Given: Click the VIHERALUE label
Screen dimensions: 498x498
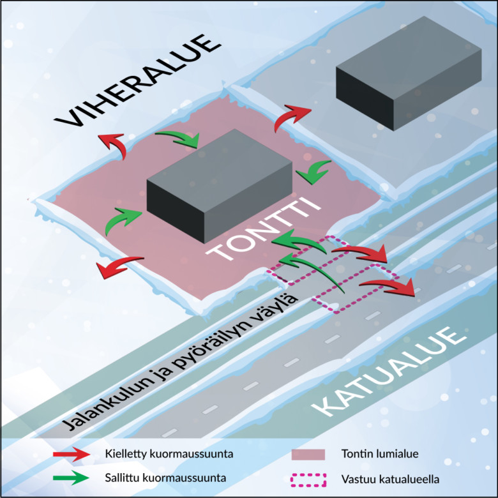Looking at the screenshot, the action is pyautogui.click(x=137, y=81).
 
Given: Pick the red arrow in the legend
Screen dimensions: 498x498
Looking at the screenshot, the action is pyautogui.click(x=72, y=454).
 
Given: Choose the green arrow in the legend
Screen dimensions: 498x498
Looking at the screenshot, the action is pyautogui.click(x=72, y=478).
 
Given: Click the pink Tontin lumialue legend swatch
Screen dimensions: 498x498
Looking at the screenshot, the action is pyautogui.click(x=308, y=455).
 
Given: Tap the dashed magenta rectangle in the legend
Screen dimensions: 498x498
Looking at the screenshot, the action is pyautogui.click(x=308, y=480).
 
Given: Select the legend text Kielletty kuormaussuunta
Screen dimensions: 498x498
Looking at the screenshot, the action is pyautogui.click(x=169, y=454).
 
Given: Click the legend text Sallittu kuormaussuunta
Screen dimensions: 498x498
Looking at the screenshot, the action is pyautogui.click(x=165, y=478).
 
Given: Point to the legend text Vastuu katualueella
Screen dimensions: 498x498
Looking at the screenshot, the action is pyautogui.click(x=390, y=479).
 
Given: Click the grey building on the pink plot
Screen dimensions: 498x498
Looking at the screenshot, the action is pyautogui.click(x=219, y=185).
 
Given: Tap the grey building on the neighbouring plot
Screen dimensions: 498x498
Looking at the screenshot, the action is pyautogui.click(x=409, y=73).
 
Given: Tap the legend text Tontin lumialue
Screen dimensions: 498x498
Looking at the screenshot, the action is pyautogui.click(x=380, y=454).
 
